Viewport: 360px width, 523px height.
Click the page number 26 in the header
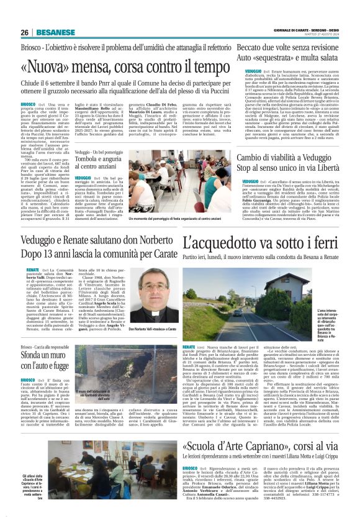click(x=25, y=32)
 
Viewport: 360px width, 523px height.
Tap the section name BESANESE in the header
click(x=52, y=32)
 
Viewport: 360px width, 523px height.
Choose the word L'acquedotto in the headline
click(x=214, y=243)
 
